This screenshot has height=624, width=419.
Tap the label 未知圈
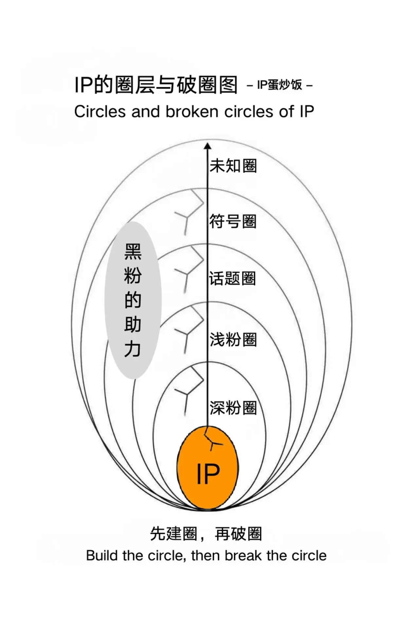click(x=233, y=166)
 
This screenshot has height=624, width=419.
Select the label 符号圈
click(x=233, y=222)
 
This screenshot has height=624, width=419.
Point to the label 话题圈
click(x=232, y=279)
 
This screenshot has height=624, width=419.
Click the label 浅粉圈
click(x=233, y=340)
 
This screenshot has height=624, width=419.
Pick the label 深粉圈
click(x=233, y=408)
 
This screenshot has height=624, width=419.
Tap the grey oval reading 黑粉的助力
click(x=133, y=300)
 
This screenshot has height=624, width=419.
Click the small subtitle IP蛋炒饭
click(x=280, y=85)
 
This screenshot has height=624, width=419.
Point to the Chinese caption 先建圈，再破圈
click(x=206, y=534)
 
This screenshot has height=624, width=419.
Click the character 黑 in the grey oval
click(x=133, y=252)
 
